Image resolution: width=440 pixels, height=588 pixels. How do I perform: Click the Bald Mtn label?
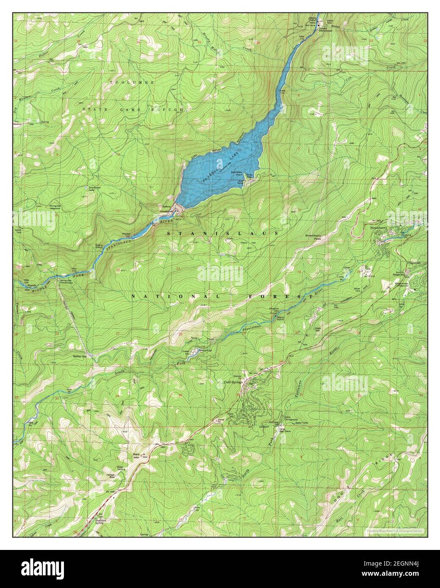click(137, 456)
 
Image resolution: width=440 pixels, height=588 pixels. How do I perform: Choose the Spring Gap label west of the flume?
click(79, 357)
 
